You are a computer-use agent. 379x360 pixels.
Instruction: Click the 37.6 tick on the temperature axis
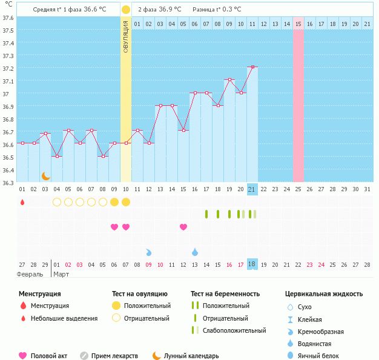click(x=8, y=18)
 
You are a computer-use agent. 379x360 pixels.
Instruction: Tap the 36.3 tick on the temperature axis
click(x=8, y=183)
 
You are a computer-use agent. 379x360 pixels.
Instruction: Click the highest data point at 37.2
click(x=252, y=67)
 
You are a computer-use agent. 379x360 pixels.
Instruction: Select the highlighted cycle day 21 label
click(x=252, y=189)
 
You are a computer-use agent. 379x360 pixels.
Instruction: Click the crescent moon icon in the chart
click(x=45, y=176)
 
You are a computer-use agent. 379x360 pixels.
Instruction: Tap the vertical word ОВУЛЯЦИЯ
click(x=126, y=36)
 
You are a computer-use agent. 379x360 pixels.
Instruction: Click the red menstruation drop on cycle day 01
click(x=22, y=202)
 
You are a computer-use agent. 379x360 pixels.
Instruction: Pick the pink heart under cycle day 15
click(x=183, y=227)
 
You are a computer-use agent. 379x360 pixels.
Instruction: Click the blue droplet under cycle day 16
click(x=195, y=252)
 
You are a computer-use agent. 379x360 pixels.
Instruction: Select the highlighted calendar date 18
click(x=252, y=264)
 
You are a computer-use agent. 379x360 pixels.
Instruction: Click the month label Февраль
click(x=30, y=274)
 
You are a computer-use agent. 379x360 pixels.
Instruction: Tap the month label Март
click(x=61, y=274)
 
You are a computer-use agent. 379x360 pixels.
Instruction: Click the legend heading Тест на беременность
click(x=225, y=294)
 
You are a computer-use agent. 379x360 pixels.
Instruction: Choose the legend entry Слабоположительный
click(x=234, y=330)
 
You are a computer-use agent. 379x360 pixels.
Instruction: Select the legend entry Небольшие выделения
click(x=64, y=318)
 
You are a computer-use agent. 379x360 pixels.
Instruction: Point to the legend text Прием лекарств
click(x=114, y=356)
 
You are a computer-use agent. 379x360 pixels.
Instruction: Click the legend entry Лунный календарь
click(x=191, y=356)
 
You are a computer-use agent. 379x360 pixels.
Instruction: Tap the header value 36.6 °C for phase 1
click(x=96, y=9)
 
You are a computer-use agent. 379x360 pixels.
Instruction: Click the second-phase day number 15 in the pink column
click(x=298, y=24)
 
